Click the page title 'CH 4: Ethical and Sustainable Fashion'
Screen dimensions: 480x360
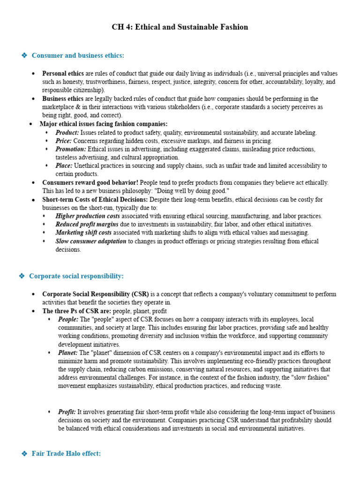pos(180,27)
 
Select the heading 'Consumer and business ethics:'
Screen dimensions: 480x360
pos(78,56)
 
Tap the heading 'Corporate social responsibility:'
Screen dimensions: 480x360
pos(76,276)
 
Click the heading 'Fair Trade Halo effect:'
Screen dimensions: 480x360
pos(66,454)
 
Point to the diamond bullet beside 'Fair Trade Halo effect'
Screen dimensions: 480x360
pos(24,454)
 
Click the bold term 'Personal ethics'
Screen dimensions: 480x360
pos(63,74)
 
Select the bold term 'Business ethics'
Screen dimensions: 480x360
pos(63,99)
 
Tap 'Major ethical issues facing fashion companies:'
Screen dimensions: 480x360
pos(103,124)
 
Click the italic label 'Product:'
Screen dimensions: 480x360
pos(67,133)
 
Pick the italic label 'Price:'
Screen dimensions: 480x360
pos(64,141)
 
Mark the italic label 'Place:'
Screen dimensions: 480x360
pos(64,166)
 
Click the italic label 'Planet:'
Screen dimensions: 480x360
pos(67,352)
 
